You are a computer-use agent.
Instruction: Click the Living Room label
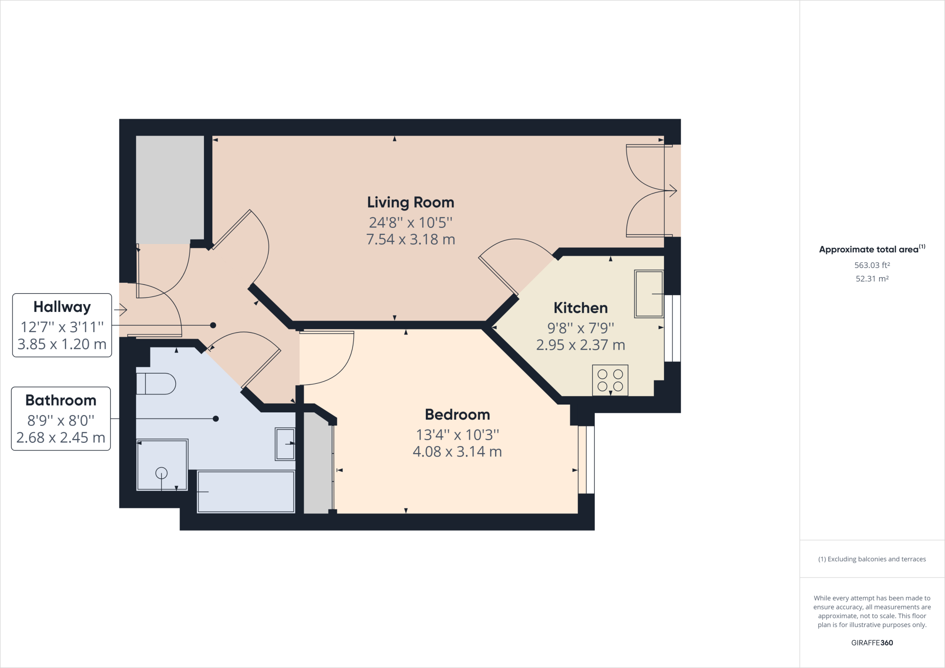(410, 203)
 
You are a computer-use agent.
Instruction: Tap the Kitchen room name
(580, 308)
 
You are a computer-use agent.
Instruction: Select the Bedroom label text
(457, 414)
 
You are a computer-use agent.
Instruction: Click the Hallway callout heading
(62, 307)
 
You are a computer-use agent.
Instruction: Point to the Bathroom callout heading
(61, 400)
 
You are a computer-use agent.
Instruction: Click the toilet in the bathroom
(156, 383)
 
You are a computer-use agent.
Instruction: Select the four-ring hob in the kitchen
(610, 380)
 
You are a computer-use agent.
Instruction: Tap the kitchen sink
(649, 293)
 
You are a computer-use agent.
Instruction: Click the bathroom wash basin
(285, 444)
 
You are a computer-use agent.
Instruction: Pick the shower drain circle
(161, 473)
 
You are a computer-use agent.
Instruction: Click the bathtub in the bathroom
(246, 492)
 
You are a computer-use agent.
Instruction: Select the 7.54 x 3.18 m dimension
(410, 239)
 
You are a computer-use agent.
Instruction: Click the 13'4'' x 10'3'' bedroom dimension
(457, 435)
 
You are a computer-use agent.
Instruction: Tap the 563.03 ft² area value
(872, 265)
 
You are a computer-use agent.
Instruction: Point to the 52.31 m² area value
(872, 279)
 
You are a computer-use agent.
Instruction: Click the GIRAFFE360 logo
(872, 643)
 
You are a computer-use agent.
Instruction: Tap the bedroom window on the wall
(586, 459)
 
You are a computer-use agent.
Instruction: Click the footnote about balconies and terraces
(872, 559)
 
